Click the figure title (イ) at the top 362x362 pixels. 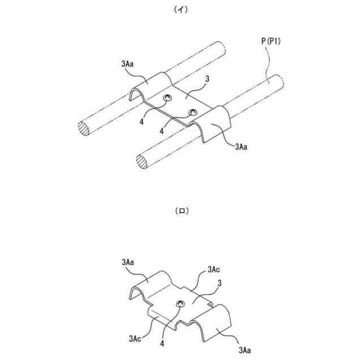coord(181,10)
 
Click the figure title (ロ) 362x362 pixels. coord(181,211)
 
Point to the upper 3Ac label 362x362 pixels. coord(214,269)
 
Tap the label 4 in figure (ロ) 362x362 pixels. coord(163,343)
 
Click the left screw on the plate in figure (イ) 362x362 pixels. coord(167,99)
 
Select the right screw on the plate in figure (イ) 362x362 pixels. coord(193,111)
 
